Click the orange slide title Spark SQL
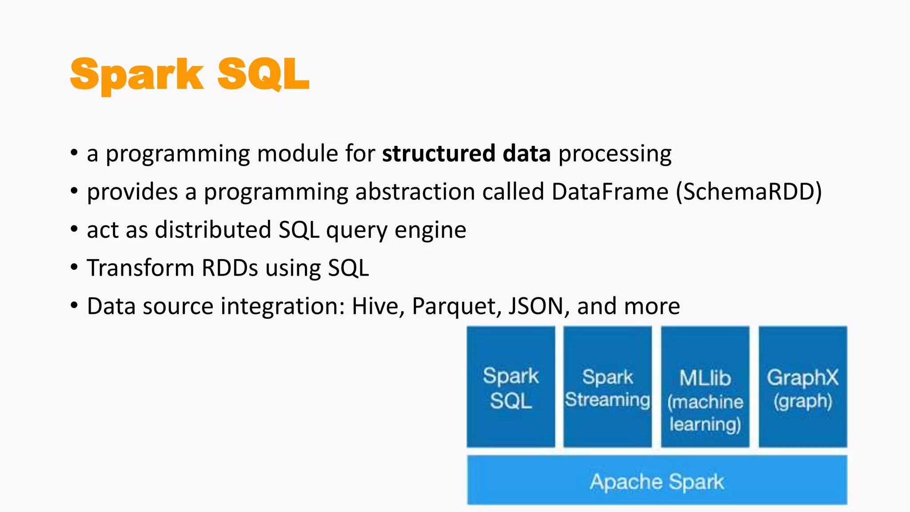point(190,74)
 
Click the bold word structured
point(438,154)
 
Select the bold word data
point(527,154)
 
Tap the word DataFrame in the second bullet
point(610,192)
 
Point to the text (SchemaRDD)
point(749,192)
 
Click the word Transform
point(140,268)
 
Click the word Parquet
point(453,307)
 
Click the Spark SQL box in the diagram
point(511,387)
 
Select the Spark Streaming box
point(607,387)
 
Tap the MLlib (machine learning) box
point(705,387)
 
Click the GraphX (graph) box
point(802,387)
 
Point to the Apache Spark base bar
point(657,480)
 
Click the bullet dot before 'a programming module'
point(74,153)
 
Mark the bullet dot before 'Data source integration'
point(74,306)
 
